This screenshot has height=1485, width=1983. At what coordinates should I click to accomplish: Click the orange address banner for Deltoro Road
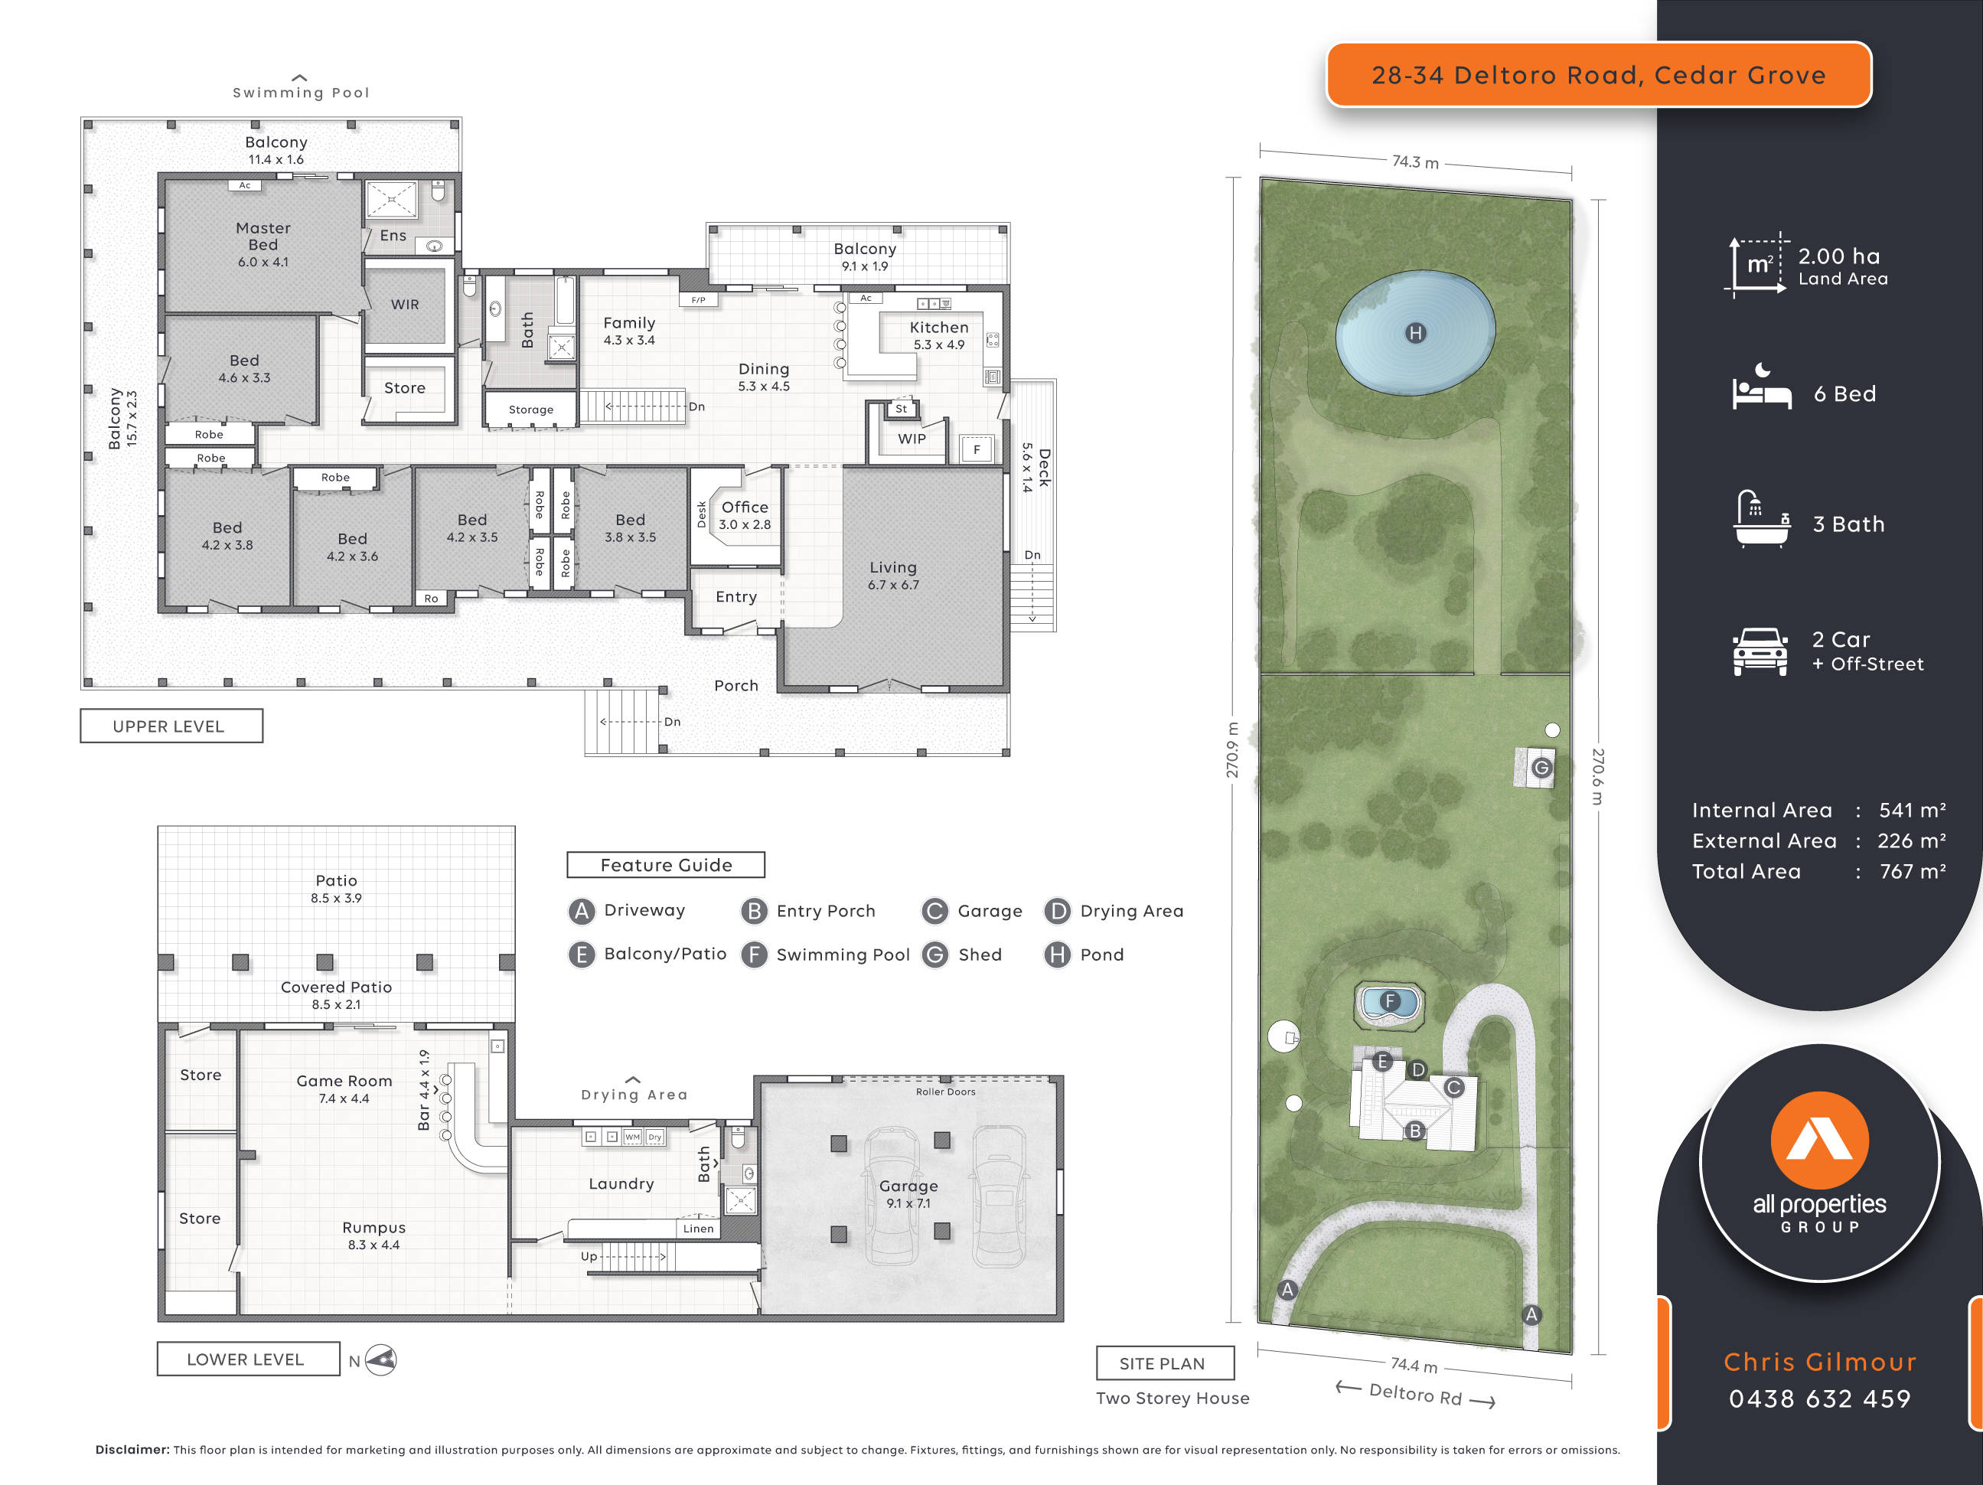pos(1597,75)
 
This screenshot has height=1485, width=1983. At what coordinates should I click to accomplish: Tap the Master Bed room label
pos(263,237)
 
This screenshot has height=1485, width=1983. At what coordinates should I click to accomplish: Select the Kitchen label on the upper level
pos(938,328)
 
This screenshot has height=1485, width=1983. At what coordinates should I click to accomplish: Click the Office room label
pos(744,508)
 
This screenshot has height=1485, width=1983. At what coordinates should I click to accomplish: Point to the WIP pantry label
pos(912,439)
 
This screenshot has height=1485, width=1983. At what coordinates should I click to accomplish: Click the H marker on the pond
pos(1414,334)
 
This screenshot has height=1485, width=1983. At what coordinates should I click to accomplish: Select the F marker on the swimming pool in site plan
pos(1390,1000)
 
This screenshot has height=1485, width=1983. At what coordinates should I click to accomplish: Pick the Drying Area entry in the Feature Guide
pos(1130,911)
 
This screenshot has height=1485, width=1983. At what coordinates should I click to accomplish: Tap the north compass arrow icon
pos(382,1360)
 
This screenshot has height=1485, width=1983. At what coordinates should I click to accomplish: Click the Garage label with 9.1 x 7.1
pos(908,1186)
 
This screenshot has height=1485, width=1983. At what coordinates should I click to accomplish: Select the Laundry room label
pos(621,1183)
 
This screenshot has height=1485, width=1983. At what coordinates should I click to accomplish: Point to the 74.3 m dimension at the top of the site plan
pos(1414,162)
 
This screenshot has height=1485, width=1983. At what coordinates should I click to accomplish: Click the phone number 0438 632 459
pos(1819,1399)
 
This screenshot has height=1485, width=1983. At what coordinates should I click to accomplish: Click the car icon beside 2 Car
pos(1760,652)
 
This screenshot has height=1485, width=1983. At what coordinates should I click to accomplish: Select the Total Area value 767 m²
pos(1911,872)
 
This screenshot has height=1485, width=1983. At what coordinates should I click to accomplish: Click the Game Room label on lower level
pos(344,1082)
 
